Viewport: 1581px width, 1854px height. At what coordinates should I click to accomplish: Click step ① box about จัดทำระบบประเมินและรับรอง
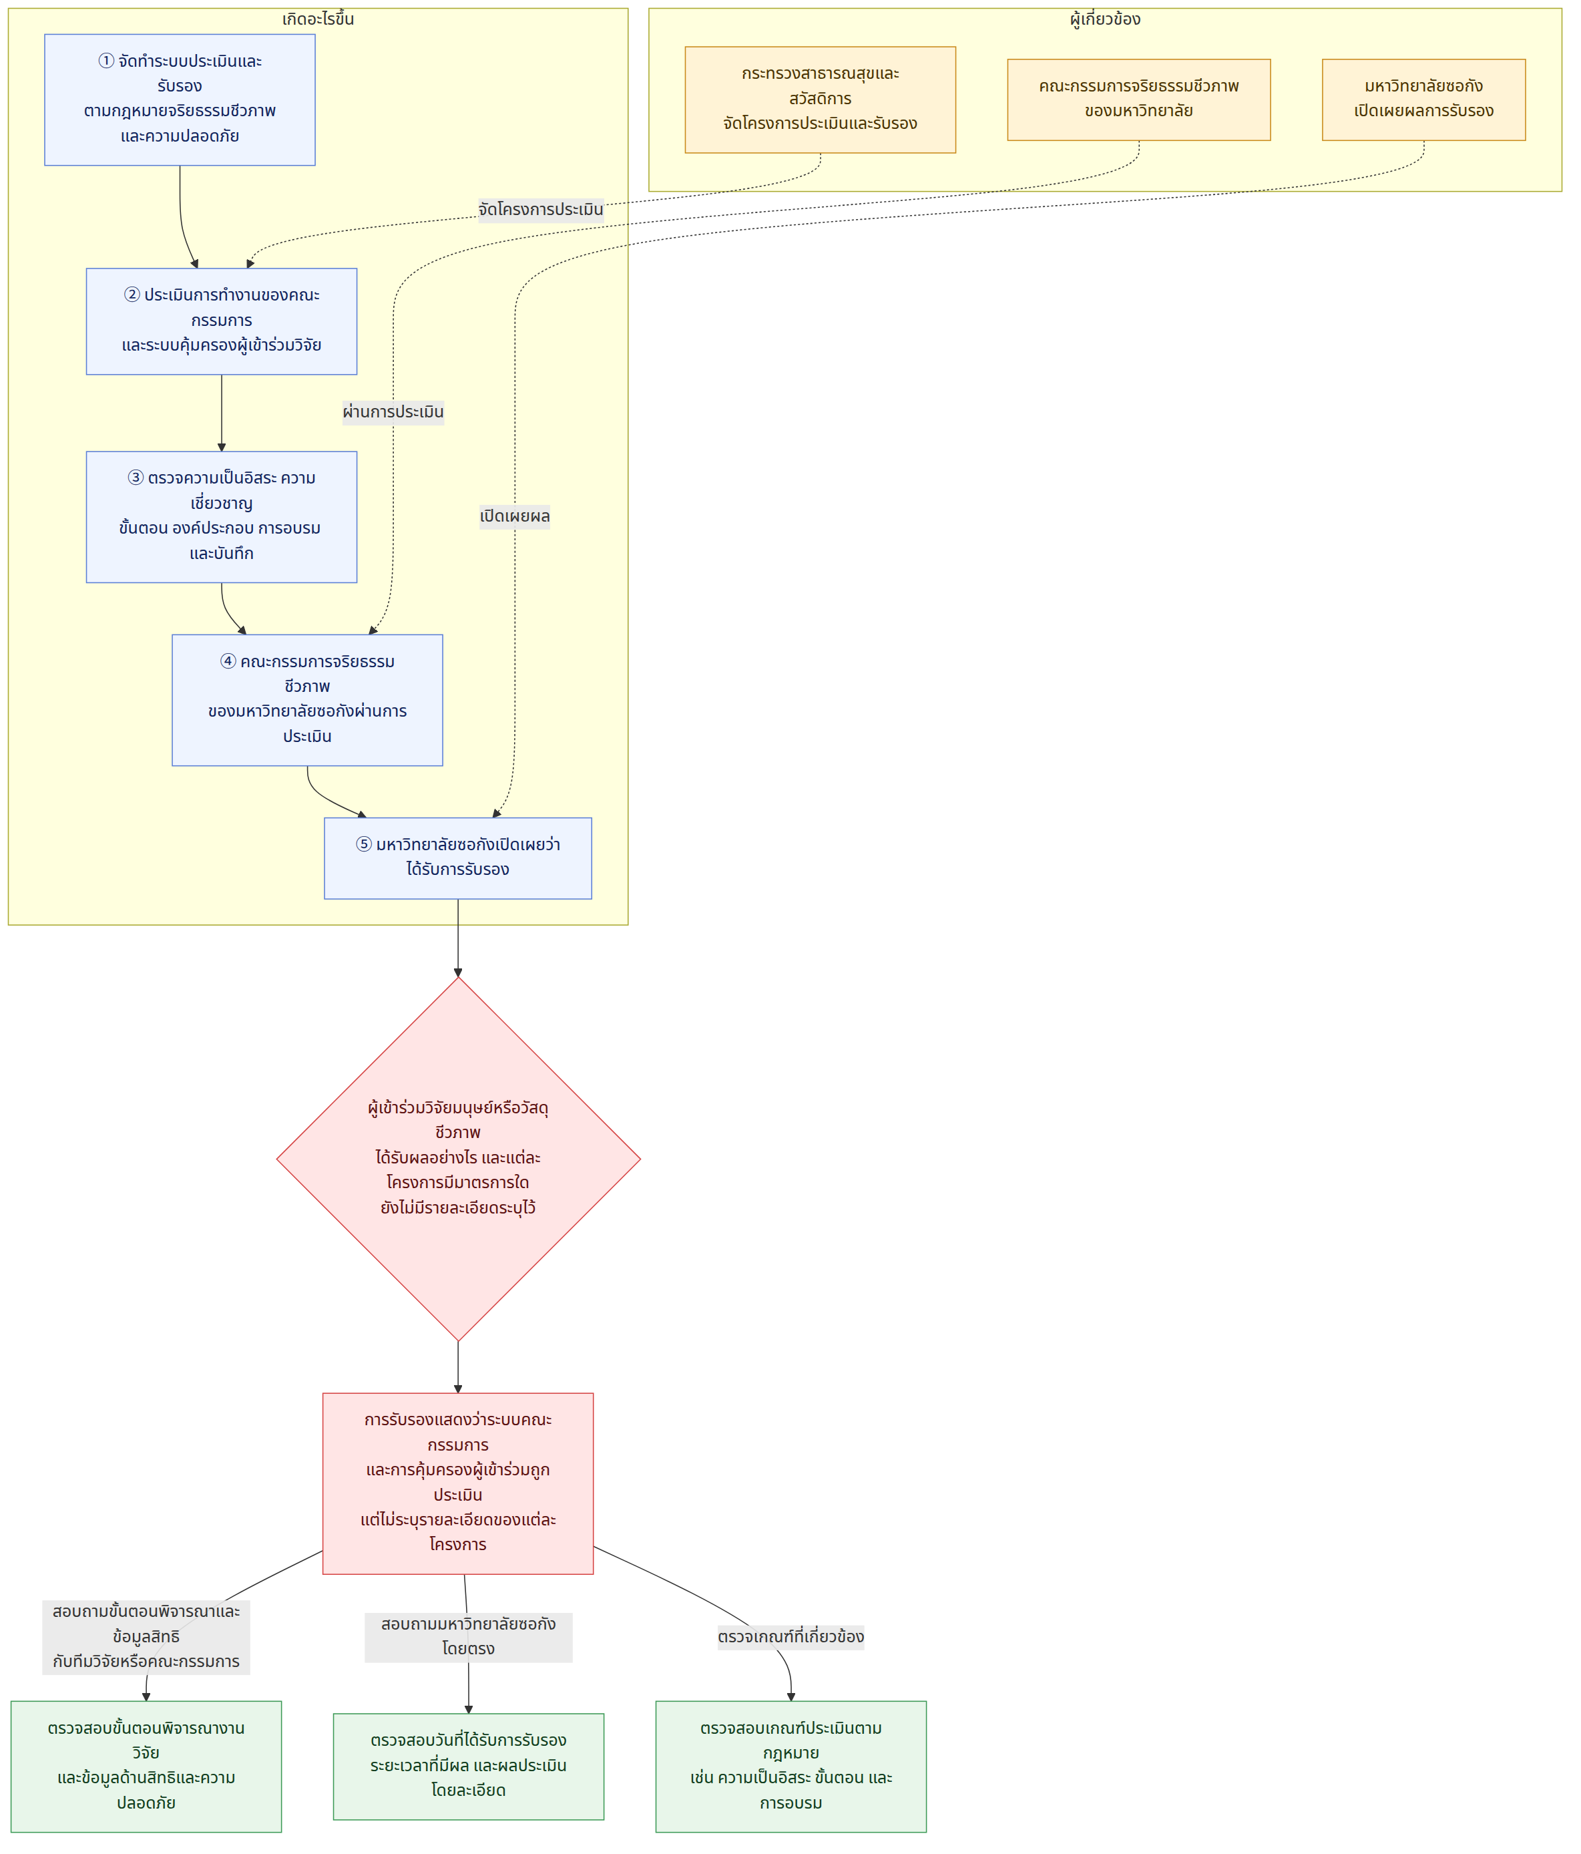click(180, 100)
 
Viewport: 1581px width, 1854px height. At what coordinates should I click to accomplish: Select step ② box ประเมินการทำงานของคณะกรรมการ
click(221, 321)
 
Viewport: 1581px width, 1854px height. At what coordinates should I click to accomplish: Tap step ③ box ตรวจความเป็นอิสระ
click(221, 516)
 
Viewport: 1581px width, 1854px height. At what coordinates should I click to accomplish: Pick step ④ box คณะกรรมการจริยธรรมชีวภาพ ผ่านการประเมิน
click(307, 700)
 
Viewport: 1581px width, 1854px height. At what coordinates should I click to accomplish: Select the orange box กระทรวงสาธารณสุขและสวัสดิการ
click(821, 100)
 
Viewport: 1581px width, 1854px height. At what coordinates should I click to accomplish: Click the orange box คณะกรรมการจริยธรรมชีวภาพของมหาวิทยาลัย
click(1139, 100)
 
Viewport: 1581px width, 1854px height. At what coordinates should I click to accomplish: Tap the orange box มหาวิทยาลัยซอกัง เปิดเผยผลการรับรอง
click(1423, 100)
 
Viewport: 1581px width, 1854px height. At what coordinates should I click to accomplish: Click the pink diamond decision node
click(458, 1159)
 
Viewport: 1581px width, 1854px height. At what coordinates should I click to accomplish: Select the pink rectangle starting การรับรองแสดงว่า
click(458, 1483)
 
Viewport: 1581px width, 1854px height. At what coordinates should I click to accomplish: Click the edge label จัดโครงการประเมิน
click(540, 210)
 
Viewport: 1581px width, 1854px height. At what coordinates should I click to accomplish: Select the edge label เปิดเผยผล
click(515, 516)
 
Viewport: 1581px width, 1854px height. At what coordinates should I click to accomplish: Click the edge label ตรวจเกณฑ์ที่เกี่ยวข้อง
click(791, 1636)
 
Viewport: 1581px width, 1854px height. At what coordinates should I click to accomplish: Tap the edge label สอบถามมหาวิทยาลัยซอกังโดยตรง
click(469, 1636)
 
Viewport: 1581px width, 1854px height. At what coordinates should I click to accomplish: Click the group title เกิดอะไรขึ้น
click(318, 19)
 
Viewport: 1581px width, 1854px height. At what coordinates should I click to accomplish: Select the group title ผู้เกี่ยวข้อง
click(1105, 19)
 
